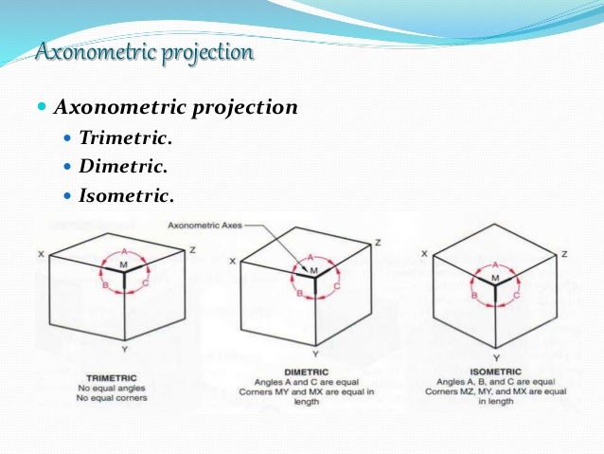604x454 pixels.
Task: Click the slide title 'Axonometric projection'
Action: pos(144,50)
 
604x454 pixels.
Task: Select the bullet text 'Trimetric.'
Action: pos(126,139)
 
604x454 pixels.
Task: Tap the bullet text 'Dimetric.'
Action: pos(123,167)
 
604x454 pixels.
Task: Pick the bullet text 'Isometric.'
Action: pos(127,196)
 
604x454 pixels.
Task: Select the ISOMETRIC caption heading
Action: pos(495,371)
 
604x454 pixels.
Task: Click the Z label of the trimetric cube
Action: pos(192,248)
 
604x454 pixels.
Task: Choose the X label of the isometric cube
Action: pos(424,254)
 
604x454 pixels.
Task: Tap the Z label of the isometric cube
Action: pos(564,254)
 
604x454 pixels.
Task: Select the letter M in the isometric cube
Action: pos(494,278)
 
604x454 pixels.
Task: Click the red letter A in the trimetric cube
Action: pos(124,252)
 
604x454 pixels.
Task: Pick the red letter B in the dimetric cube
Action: pos(299,295)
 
